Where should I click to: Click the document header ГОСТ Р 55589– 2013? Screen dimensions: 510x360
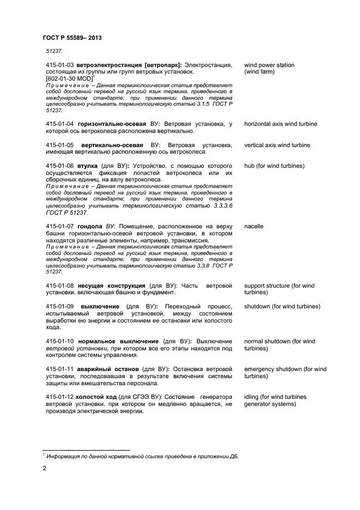72,38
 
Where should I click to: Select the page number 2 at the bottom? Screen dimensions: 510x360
45,467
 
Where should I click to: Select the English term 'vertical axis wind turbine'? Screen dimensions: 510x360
277,145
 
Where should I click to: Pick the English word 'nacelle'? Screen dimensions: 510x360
254,226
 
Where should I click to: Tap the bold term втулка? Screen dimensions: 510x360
88,166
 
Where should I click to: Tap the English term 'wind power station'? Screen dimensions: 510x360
269,65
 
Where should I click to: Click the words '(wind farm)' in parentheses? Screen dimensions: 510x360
261,72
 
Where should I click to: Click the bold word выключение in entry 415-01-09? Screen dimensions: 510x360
99,307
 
